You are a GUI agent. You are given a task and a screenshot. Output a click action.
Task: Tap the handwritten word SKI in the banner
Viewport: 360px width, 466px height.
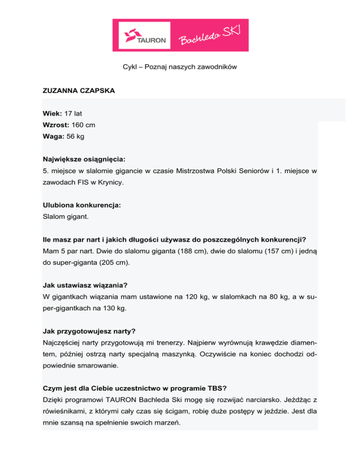(232, 31)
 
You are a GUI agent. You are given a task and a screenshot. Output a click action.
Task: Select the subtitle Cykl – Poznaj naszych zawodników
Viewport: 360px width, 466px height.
(177, 67)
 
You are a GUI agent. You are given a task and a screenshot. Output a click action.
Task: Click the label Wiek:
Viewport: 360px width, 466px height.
(52, 114)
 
